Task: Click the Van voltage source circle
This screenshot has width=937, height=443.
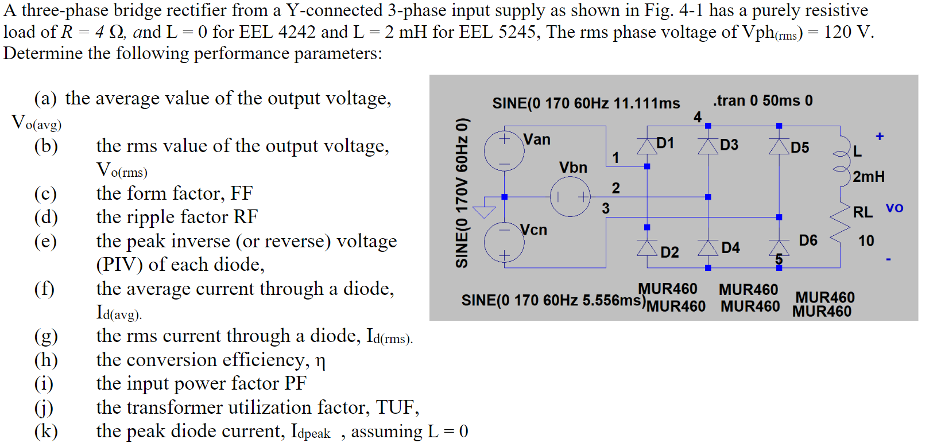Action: [x=504, y=151]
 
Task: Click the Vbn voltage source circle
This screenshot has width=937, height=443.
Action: [x=570, y=197]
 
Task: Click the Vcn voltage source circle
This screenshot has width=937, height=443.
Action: [x=504, y=242]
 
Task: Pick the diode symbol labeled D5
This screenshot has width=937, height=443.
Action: [x=779, y=146]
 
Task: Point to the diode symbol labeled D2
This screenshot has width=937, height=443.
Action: [x=647, y=248]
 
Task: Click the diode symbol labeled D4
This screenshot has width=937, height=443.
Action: [x=708, y=248]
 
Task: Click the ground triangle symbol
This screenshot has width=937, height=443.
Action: [x=483, y=211]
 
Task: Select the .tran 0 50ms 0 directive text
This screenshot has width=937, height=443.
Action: [x=762, y=100]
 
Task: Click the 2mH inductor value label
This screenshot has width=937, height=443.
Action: [x=868, y=177]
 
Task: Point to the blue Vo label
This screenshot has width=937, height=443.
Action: [x=894, y=208]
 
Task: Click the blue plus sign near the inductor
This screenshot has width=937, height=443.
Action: [x=879, y=137]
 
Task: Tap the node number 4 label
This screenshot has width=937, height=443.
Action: [x=697, y=117]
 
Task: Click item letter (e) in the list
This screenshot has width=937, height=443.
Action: [x=45, y=241]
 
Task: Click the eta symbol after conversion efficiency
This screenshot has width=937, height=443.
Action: [x=320, y=362]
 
